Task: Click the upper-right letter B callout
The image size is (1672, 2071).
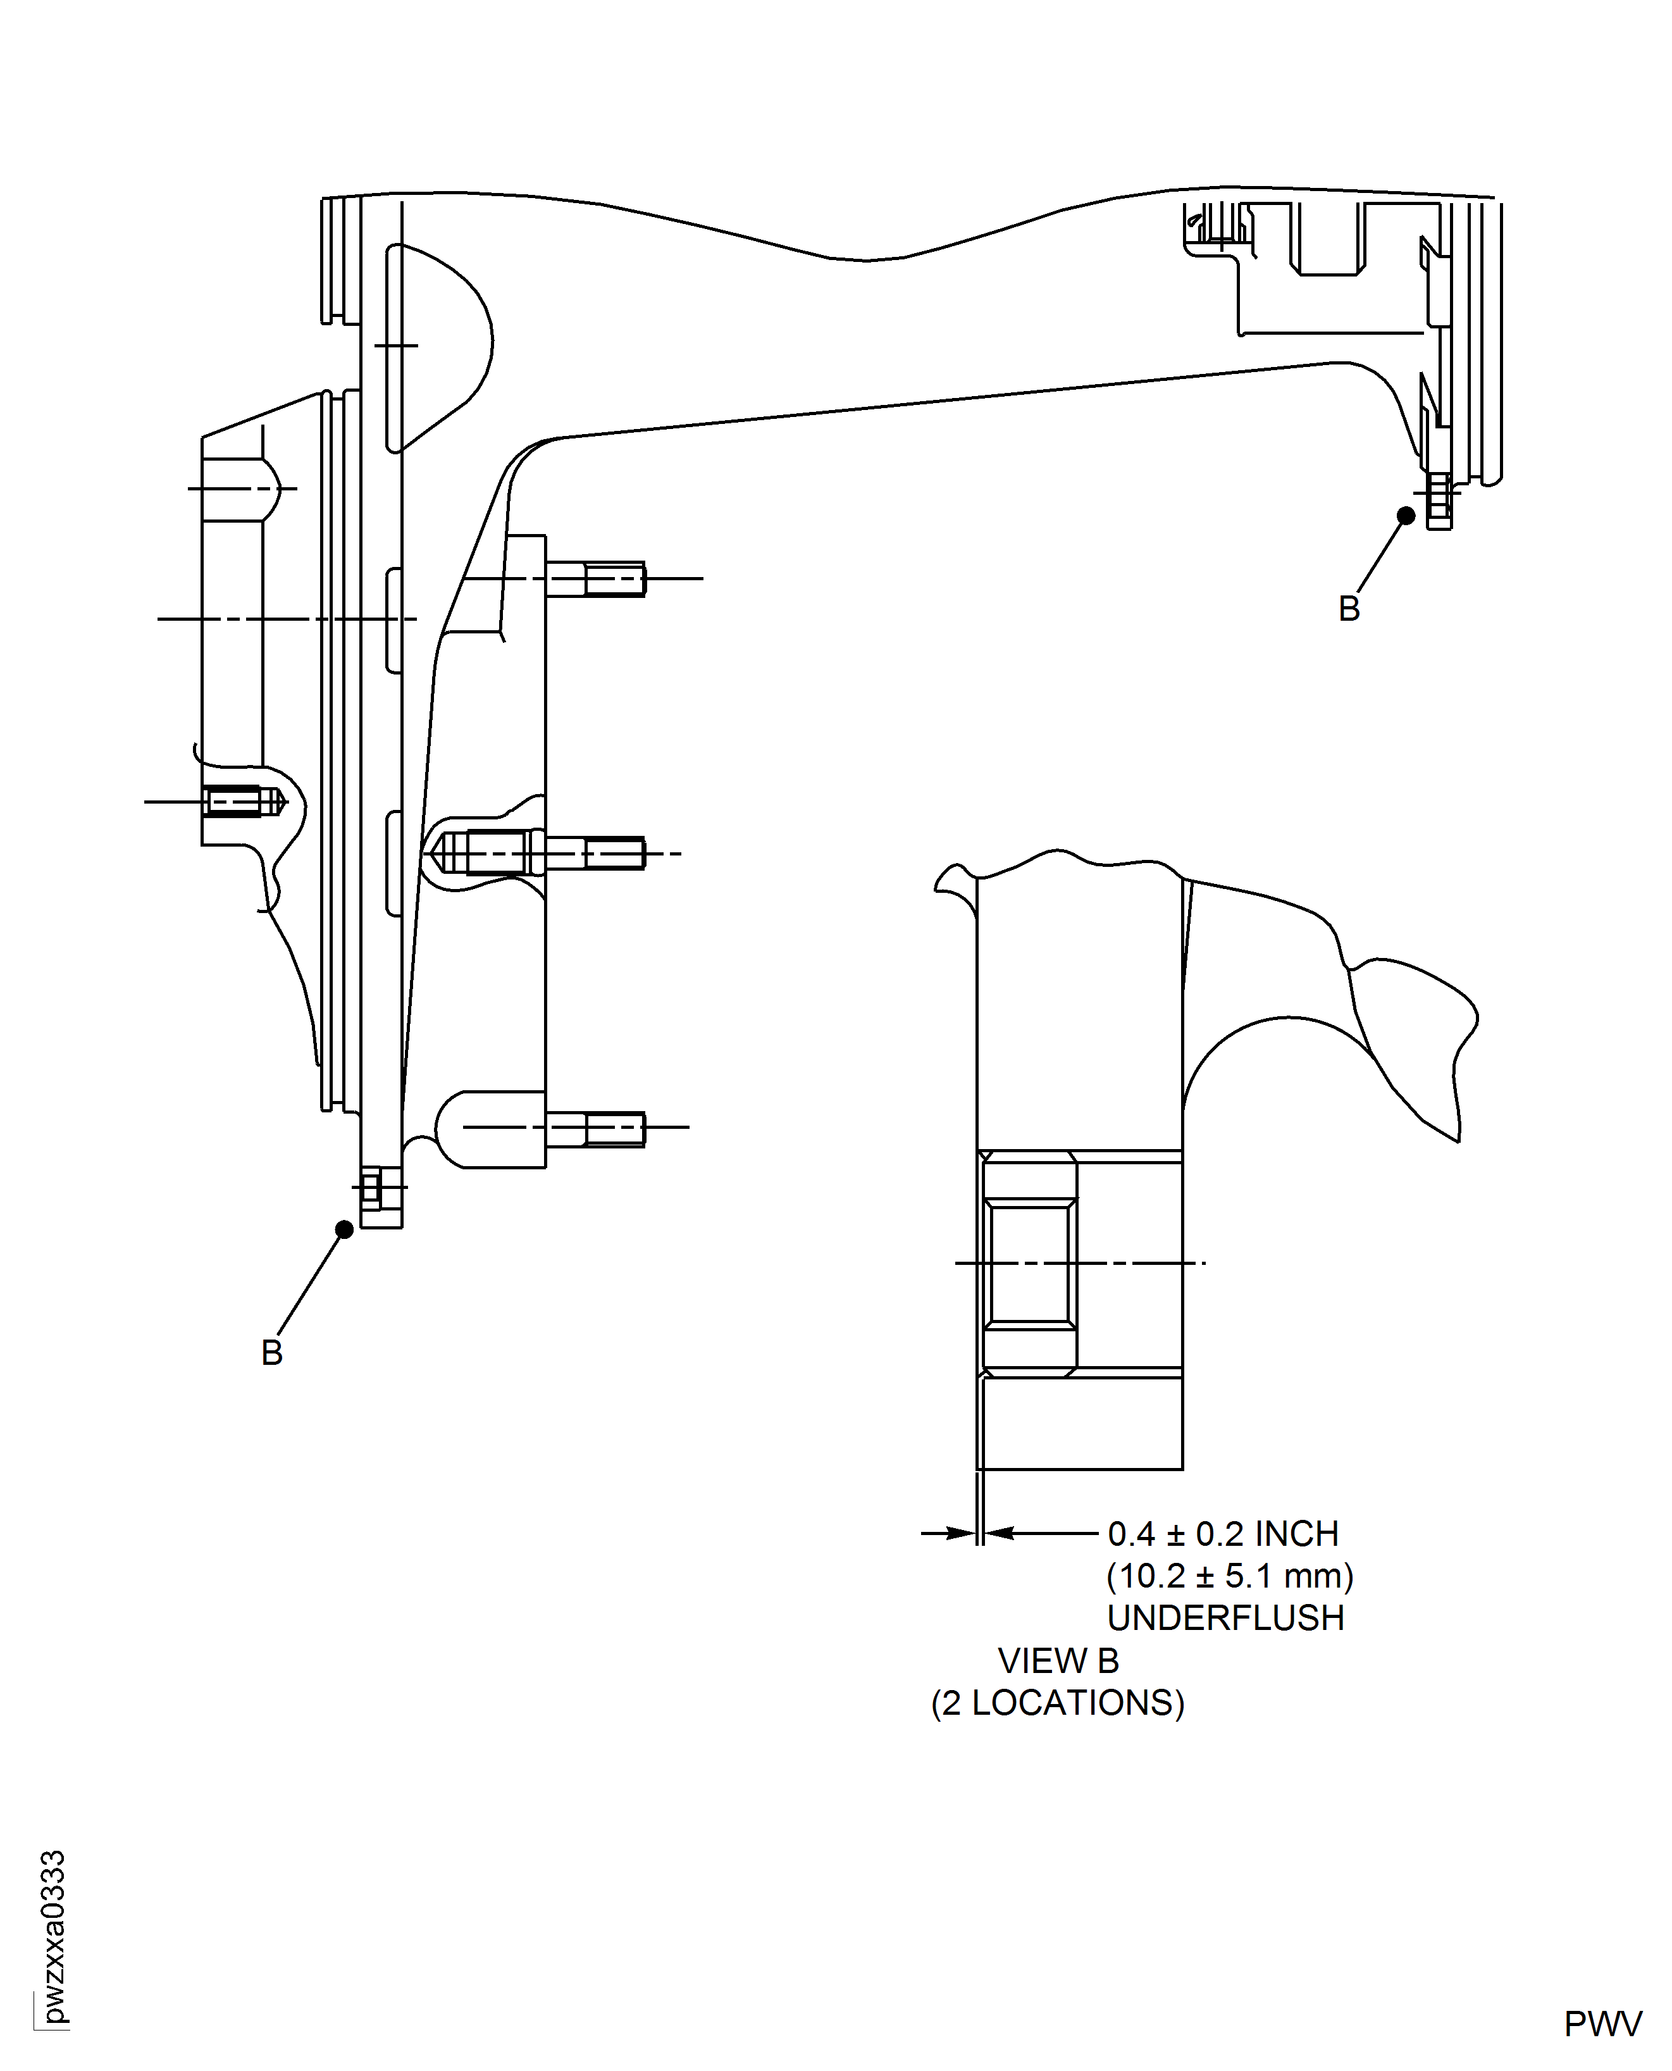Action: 1349,609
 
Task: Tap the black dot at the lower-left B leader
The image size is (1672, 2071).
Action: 344,1229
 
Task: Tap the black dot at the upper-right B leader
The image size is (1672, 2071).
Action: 1406,516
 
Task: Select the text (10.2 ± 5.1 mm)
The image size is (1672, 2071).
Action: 1230,1576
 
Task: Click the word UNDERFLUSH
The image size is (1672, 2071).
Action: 1225,1619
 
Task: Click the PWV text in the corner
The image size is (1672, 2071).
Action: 1602,2024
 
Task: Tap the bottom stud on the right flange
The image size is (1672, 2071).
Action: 597,1127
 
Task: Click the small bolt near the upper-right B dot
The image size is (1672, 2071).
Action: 1439,501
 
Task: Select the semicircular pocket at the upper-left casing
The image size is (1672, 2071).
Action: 438,347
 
